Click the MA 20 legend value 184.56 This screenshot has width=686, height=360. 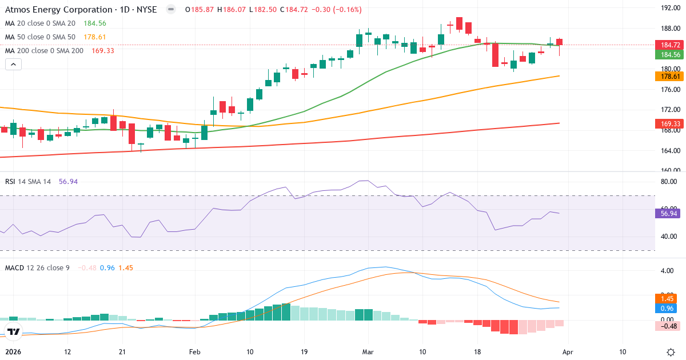point(95,23)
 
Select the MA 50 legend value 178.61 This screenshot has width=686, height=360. point(95,37)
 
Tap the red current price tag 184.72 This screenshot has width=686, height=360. point(670,45)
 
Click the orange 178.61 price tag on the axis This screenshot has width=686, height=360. point(670,77)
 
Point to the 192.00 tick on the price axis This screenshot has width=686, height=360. point(669,8)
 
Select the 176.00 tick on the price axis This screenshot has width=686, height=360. point(669,89)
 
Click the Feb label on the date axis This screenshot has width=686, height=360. point(195,352)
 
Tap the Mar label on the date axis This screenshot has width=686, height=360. point(368,352)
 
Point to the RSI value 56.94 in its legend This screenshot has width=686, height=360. point(68,181)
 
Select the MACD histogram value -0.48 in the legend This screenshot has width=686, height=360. point(87,267)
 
